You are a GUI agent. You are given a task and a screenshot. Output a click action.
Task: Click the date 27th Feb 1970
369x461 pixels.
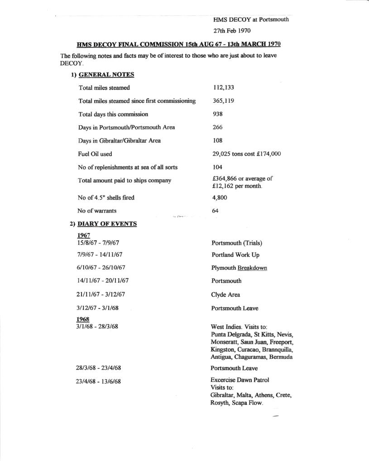tap(232, 31)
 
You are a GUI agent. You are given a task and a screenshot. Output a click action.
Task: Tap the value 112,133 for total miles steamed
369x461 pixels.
tap(223, 87)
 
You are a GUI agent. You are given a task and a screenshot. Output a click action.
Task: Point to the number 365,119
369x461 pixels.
tap(223, 101)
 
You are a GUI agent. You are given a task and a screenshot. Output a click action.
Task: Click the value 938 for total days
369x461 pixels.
tap(218, 114)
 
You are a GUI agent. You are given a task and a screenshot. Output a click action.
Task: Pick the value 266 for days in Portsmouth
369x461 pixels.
tap(218, 128)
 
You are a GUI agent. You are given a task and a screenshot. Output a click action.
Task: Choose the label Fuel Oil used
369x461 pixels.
tap(95, 154)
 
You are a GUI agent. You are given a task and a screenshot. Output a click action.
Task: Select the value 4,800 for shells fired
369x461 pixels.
tap(220, 197)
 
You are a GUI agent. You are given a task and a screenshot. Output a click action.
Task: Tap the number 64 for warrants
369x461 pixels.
tap(216, 210)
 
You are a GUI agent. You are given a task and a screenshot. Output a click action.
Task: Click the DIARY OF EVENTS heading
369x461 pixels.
tap(107, 223)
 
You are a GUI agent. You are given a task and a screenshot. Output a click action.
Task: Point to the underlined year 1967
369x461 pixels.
tap(84, 235)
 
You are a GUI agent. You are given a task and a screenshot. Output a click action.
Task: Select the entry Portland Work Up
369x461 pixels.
tap(235, 255)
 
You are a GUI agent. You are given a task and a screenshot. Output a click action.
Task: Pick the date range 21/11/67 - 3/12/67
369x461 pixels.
tap(101, 295)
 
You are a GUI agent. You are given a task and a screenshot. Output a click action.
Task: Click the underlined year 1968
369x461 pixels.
tap(83, 319)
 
